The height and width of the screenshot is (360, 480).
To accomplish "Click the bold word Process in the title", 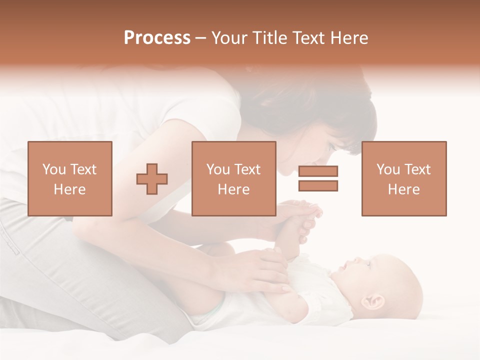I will tap(157, 38).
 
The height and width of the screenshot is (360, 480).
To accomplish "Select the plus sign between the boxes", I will tap(152, 179).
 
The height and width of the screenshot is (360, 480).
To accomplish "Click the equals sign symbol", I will tap(318, 178).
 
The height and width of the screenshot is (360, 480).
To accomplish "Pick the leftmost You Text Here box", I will tap(70, 178).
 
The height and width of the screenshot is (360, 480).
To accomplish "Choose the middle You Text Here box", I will tap(233, 178).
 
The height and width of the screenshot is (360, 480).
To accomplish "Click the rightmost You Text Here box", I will tap(403, 178).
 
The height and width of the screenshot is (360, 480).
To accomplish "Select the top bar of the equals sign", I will tap(318, 171).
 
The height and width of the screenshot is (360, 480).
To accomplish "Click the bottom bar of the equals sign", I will tap(318, 186).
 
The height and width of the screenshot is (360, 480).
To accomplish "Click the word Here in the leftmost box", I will tap(69, 189).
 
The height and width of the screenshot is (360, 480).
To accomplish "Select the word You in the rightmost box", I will tap(387, 169).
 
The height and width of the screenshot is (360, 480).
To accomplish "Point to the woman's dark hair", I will tap(320, 100).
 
